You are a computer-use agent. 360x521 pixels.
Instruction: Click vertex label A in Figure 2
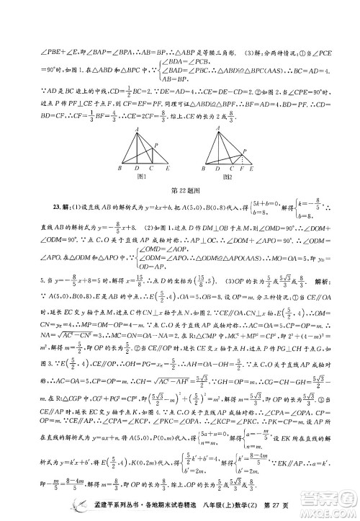[x=214, y=128]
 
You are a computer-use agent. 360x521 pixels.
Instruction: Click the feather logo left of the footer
[x=63, y=504]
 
